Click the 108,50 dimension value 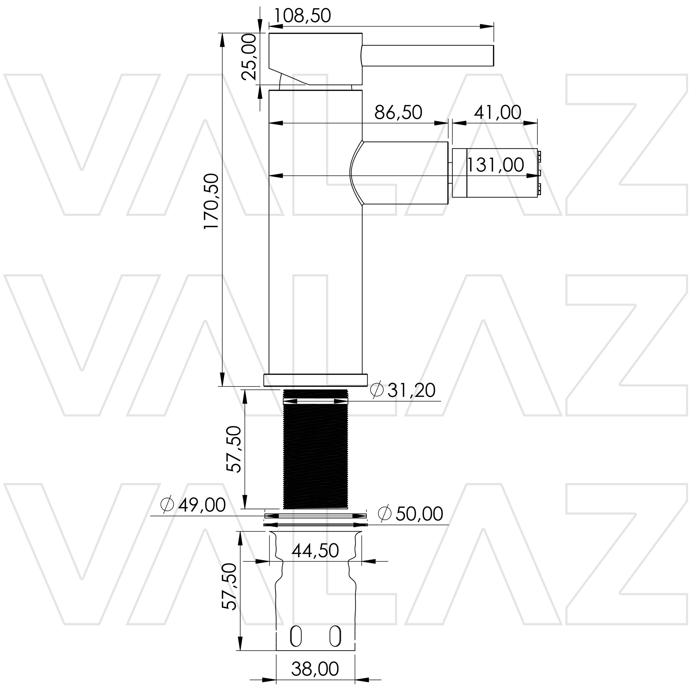pos(302,16)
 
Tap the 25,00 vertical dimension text pos(249,57)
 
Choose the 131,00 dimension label pos(495,165)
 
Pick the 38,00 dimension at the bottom pos(315,669)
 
